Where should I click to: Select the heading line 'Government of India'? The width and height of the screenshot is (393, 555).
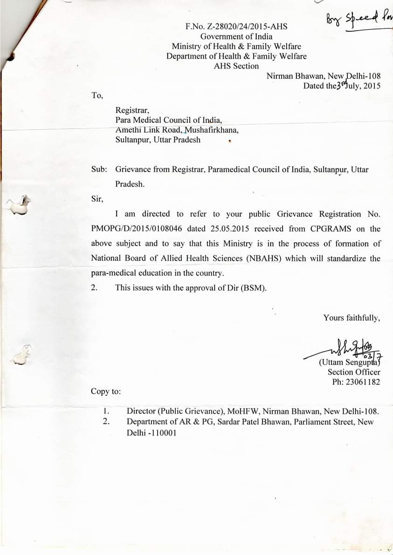click(236, 36)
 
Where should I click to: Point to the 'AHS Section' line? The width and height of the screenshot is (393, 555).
click(236, 66)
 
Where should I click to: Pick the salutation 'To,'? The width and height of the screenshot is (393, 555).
click(97, 95)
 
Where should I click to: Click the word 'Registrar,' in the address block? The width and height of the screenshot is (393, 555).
click(132, 110)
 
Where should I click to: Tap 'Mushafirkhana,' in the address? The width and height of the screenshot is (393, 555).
click(212, 130)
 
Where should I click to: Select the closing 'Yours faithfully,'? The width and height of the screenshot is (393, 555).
click(352, 318)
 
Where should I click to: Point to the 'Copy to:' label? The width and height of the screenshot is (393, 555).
click(106, 391)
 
